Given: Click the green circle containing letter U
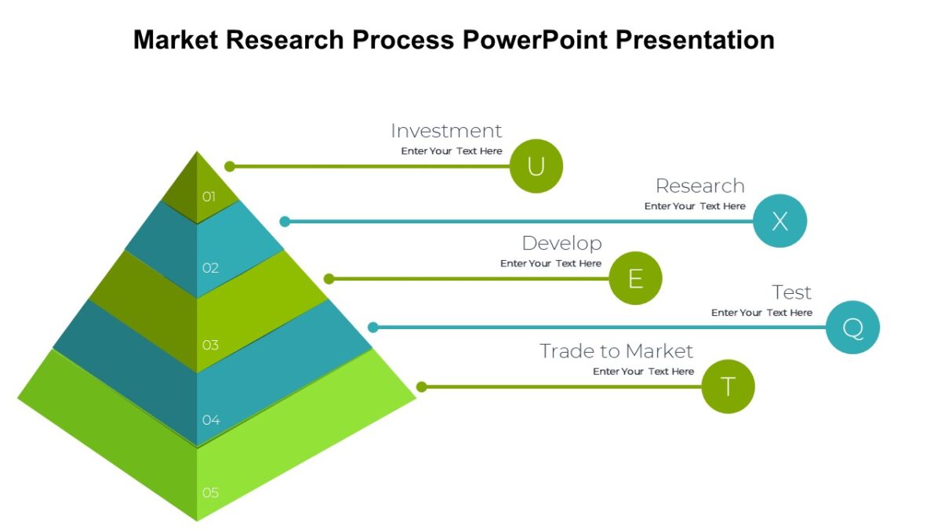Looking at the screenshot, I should coord(536,166).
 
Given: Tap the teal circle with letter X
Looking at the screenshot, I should coord(779,221).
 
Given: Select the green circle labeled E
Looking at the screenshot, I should coord(635,278).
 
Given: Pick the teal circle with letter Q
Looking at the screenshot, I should coord(852,327).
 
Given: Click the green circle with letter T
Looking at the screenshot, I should coord(728,386).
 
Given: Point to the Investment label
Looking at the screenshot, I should coord(446,131).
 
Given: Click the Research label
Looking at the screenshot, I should coord(699,186).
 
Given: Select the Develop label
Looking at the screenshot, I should coord(561,243).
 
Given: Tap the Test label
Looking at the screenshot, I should coord(791,292).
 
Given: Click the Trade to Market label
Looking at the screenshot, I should coord(616,351).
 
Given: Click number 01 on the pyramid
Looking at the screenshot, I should coord(209,197).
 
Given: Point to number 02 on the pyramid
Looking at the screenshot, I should coord(210,268).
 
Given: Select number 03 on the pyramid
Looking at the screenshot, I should coord(210,345).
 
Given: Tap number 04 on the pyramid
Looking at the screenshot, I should coord(211,420).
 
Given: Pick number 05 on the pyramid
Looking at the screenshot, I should coord(210,493).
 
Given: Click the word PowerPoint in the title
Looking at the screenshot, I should coord(533,39).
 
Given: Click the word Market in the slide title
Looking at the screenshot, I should coord(175,39).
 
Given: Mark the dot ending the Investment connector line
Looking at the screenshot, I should coord(230,166).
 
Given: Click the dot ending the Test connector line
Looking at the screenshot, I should coord(373,328).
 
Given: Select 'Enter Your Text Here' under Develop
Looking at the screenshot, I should coord(550,263).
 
